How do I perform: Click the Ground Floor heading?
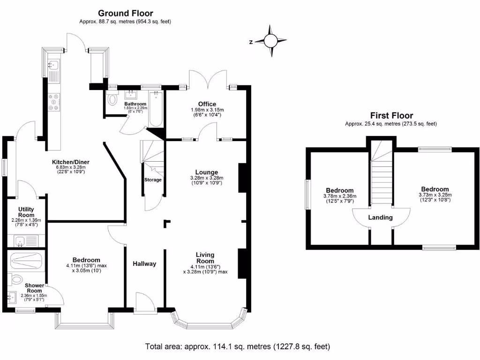125,14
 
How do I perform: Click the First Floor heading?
391,115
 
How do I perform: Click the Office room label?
207,104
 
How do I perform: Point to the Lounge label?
207,172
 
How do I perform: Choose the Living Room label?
205,258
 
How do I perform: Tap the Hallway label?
144,264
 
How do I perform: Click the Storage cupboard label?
153,180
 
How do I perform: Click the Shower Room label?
34,288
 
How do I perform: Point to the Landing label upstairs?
381,217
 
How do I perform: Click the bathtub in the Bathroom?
155,109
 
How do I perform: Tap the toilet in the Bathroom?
112,100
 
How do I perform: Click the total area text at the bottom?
238,347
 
